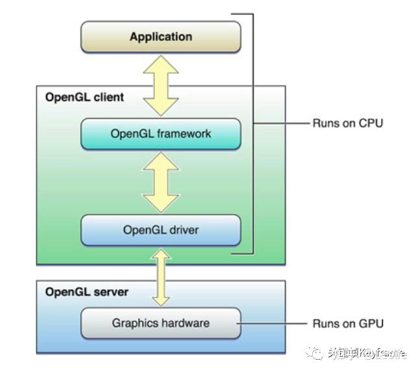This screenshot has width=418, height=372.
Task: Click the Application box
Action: pyautogui.click(x=160, y=36)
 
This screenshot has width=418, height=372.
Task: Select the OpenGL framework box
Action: pyautogui.click(x=160, y=134)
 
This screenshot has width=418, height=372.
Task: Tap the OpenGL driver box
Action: pyautogui.click(x=160, y=230)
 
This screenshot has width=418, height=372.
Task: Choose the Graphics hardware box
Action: pyautogui.click(x=160, y=323)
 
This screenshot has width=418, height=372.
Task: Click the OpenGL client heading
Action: pyautogui.click(x=84, y=97)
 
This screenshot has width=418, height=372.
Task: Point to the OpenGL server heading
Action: pyautogui.click(x=86, y=292)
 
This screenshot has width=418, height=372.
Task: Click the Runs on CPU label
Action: pyautogui.click(x=347, y=123)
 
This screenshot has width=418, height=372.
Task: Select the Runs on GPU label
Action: pyautogui.click(x=347, y=323)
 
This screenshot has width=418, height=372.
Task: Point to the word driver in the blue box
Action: pyautogui.click(x=184, y=230)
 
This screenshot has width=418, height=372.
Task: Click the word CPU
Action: pyautogui.click(x=370, y=123)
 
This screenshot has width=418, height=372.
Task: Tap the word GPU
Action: pyautogui.click(x=370, y=323)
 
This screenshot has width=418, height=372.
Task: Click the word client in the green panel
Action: pyautogui.click(x=108, y=97)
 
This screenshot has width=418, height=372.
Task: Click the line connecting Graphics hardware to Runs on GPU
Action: pyautogui.click(x=273, y=323)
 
